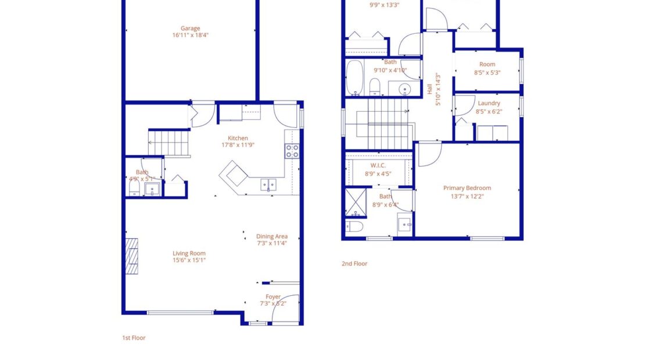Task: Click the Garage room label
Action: pos(190,28)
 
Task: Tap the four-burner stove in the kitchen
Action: pos(292,151)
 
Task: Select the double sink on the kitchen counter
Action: pos(268,185)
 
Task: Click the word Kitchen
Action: pos(238,138)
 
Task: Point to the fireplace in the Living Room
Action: pos(132,256)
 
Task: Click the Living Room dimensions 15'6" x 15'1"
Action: pos(189,260)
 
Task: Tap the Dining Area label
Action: pos(272,236)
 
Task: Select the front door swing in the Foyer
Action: pos(289,308)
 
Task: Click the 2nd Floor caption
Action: pos(354,264)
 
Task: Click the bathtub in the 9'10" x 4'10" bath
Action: pos(354,78)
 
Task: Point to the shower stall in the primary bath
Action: pos(354,201)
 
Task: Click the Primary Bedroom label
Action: pos(467,188)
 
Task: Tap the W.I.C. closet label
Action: pos(375,166)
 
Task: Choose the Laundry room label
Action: pos(488,103)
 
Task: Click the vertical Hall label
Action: pos(430,89)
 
